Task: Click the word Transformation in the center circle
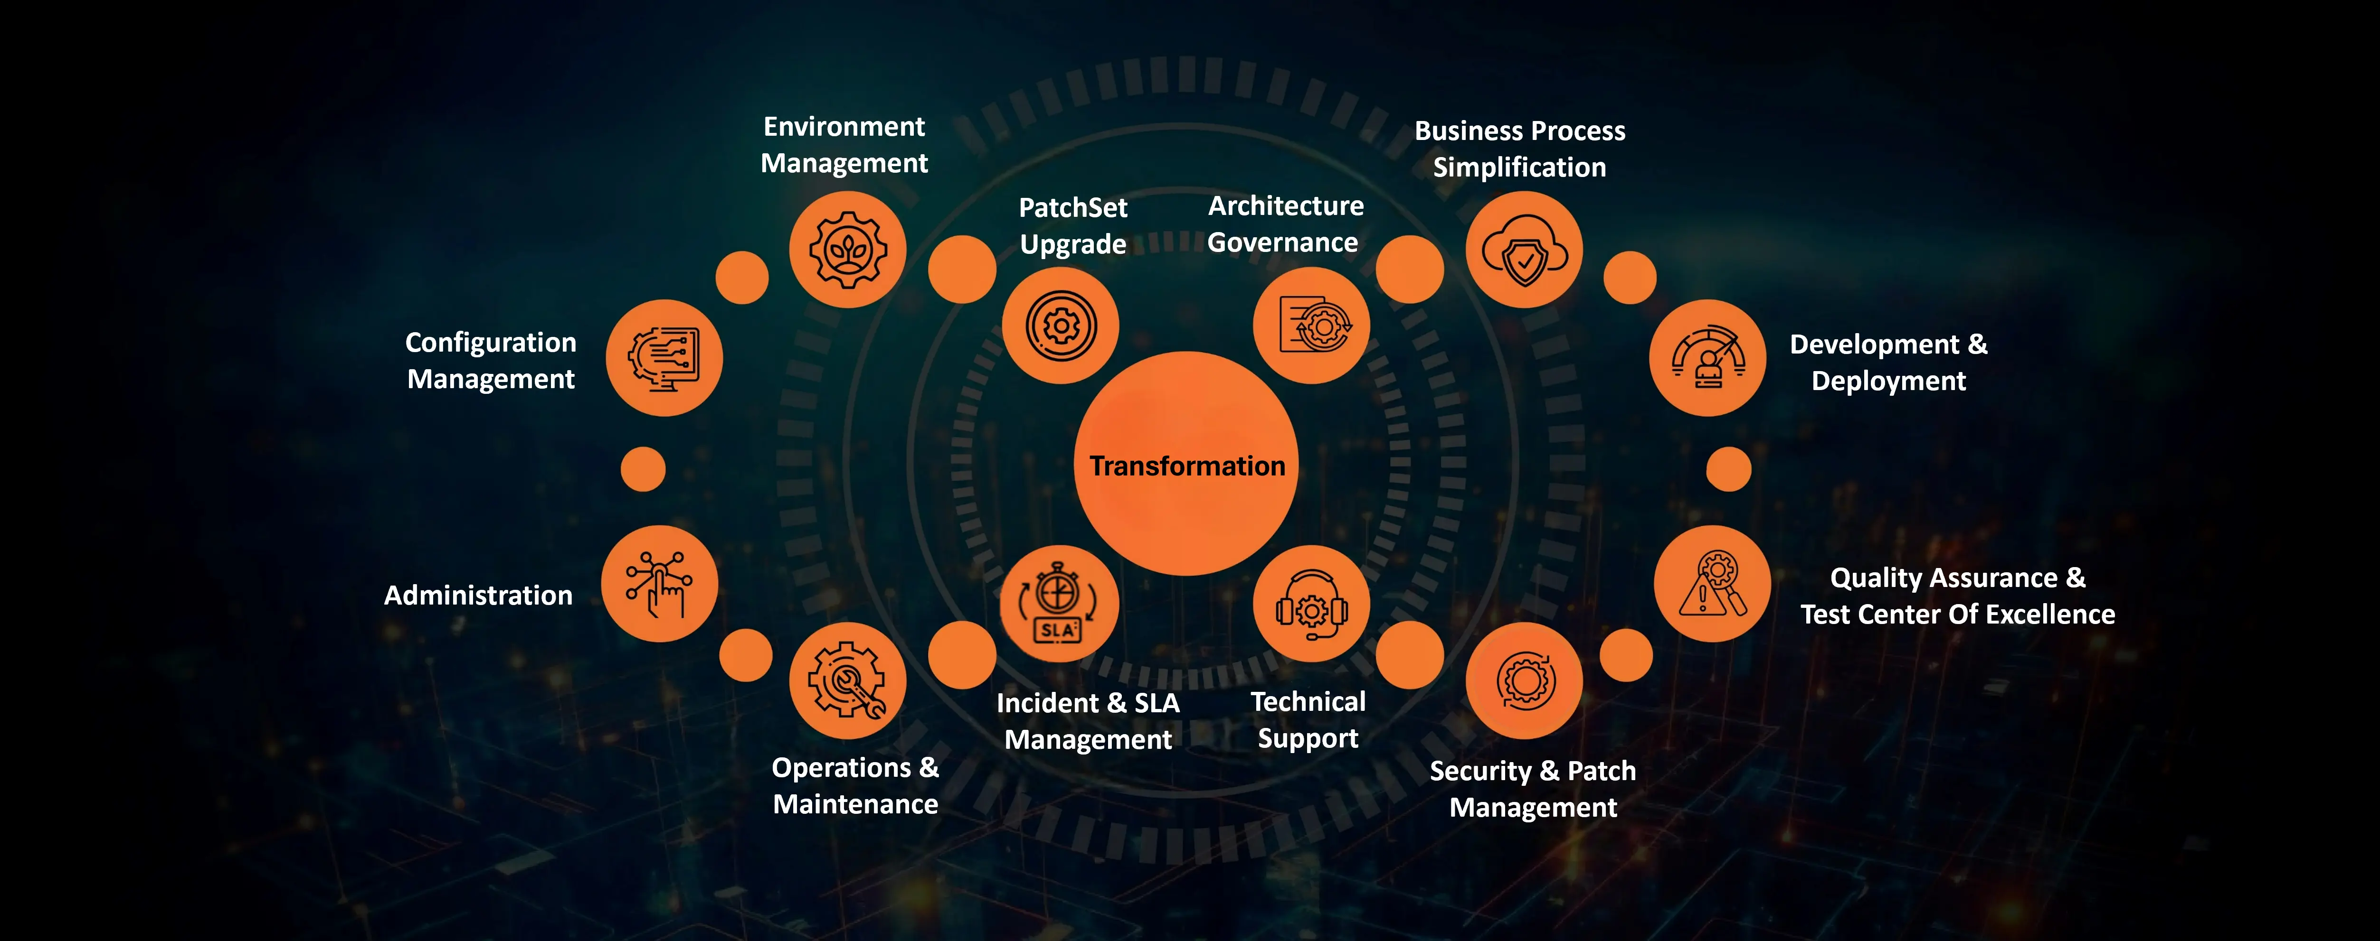1187,466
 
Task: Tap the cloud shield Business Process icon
1525,249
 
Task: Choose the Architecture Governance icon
1312,325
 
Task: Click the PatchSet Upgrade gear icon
1061,325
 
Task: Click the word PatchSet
1072,208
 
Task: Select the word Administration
479,596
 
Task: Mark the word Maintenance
855,804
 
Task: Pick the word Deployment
1888,382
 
